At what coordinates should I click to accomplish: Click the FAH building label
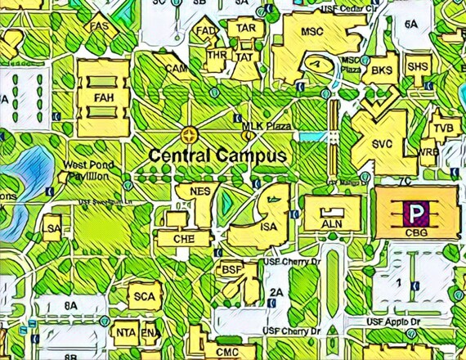pyautogui.click(x=103, y=98)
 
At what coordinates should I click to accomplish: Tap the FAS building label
pyautogui.click(x=100, y=26)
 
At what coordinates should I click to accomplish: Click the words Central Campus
pyautogui.click(x=217, y=155)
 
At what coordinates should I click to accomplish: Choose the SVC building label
pyautogui.click(x=383, y=144)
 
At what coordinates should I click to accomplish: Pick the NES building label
pyautogui.click(x=200, y=192)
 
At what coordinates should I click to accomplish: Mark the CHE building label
pyautogui.click(x=183, y=239)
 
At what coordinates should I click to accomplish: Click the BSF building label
pyautogui.click(x=232, y=269)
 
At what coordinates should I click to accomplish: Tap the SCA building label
pyautogui.click(x=144, y=296)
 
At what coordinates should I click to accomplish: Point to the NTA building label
pyautogui.click(x=126, y=333)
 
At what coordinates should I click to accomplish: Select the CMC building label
pyautogui.click(x=226, y=352)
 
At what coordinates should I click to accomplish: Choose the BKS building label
pyautogui.click(x=382, y=71)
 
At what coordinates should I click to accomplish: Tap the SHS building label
pyautogui.click(x=417, y=67)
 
